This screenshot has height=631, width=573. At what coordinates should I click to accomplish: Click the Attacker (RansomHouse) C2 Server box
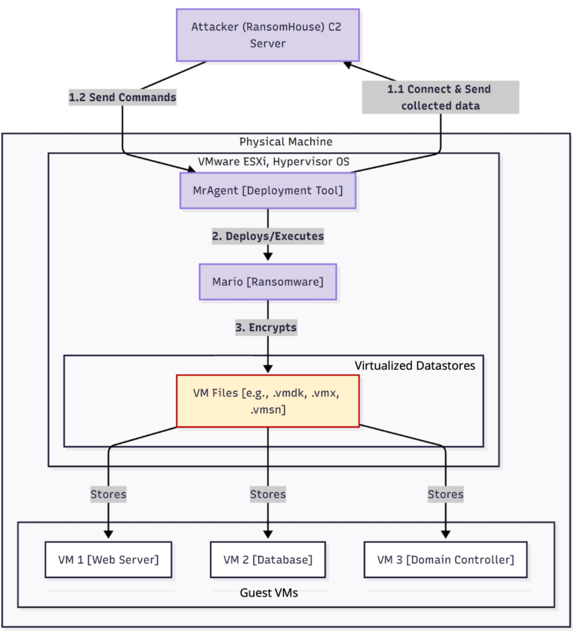point(268,35)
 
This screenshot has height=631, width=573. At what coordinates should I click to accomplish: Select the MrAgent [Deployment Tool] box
point(268,190)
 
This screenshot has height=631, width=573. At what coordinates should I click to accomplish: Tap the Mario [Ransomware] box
point(268,282)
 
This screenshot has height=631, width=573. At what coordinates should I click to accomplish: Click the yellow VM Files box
point(268,401)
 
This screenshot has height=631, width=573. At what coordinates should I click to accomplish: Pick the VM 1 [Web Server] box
point(108,560)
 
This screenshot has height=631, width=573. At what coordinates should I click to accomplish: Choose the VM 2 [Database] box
point(268,560)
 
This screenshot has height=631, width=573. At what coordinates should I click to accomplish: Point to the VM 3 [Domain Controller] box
point(446,560)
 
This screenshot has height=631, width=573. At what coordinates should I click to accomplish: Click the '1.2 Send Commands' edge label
point(122,97)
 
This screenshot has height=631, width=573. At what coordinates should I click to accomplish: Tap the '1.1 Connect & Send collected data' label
point(439,97)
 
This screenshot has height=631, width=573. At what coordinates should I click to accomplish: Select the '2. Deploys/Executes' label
point(268,236)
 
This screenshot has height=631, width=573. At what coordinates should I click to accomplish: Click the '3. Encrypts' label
point(266,328)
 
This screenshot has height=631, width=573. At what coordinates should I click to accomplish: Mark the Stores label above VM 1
point(108,494)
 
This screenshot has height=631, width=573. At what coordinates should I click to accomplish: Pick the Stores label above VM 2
point(268,494)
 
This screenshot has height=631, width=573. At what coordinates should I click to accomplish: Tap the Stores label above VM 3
point(446,494)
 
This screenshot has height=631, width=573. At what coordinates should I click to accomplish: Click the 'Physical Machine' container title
point(286,142)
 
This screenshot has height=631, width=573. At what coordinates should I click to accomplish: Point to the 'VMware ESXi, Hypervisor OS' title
point(272,162)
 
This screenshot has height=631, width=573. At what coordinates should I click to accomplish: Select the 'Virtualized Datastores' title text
point(415,365)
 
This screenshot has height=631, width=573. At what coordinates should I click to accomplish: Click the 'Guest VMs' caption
point(270,593)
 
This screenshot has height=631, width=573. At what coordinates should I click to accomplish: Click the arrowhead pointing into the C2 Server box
point(348,65)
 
